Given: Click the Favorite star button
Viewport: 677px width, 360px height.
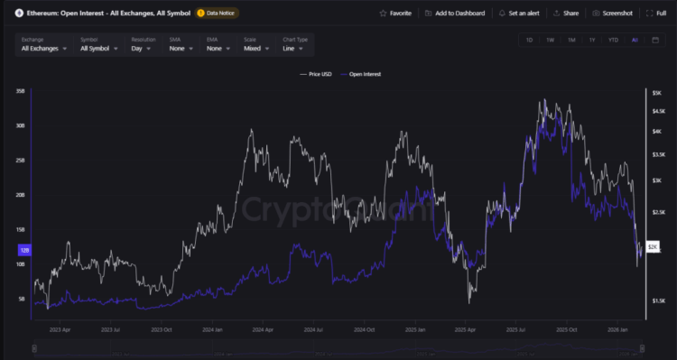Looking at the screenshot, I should point(394,14).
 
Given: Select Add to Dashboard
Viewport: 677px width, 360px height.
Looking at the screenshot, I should point(455,14).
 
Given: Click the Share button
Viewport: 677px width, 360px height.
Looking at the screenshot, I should point(566,14).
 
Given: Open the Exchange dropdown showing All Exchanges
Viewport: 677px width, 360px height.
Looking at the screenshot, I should point(44,49).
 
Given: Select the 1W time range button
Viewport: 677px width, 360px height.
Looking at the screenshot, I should point(550,40).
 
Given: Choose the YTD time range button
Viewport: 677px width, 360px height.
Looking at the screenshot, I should point(613,40).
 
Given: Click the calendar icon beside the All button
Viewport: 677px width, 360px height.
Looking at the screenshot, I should point(655,40).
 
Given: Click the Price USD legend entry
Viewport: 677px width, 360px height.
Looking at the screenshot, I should point(316,74).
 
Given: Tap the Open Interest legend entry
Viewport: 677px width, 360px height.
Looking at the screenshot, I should point(362,74).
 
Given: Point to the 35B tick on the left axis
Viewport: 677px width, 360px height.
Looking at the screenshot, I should point(20,91).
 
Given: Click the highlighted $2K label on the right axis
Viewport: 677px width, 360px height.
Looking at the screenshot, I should point(653,246).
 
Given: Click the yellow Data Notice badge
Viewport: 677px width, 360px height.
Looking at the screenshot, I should point(218,14).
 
